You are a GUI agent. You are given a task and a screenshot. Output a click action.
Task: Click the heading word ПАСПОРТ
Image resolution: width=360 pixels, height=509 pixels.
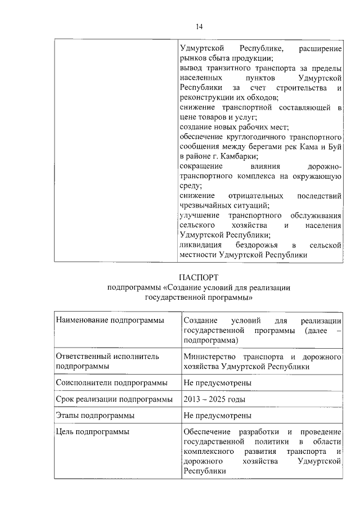198,277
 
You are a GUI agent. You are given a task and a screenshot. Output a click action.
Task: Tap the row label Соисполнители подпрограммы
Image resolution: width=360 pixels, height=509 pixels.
111,383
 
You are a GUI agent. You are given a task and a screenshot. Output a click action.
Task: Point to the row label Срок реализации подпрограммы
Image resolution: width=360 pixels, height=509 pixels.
114,399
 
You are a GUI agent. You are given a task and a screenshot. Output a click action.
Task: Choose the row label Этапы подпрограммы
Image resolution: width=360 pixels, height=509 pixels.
95,416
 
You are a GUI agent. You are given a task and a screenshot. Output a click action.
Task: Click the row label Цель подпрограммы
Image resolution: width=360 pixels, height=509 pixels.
93,431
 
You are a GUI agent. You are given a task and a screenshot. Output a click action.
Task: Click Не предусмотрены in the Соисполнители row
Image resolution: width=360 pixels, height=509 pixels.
217,383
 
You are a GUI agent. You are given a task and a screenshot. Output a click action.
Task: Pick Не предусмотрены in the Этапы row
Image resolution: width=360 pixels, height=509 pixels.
217,416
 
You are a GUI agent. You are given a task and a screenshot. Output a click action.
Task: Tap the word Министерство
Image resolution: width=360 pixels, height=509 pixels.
209,357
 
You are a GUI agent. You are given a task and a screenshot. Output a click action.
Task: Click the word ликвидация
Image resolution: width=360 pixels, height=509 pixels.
200,246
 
